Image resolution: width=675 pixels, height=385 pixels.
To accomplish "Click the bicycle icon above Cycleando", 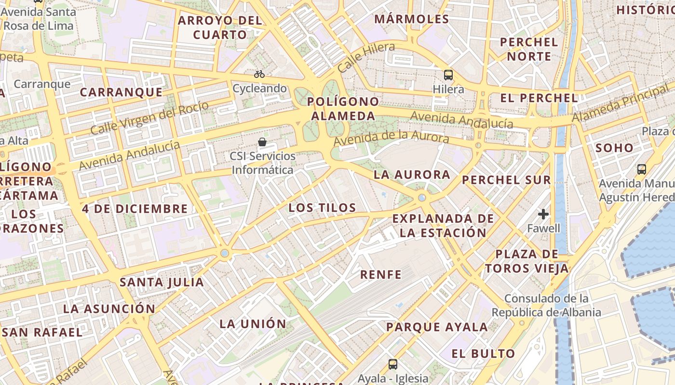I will coord(259,74).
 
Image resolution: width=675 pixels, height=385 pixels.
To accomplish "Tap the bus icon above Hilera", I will coord(448,75).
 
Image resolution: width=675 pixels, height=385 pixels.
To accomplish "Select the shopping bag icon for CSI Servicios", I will coord(262,141).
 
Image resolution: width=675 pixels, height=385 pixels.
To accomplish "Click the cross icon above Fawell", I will coord(543,214).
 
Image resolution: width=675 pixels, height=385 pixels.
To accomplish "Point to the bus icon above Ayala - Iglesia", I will coord(393,364).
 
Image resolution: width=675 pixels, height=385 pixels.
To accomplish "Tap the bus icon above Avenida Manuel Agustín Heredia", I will coord(641,169).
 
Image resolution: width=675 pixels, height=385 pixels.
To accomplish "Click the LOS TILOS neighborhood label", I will coord(322,208).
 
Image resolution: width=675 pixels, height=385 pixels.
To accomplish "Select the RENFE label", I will coord(381,275).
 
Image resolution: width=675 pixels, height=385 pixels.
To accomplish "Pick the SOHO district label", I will coord(614,148).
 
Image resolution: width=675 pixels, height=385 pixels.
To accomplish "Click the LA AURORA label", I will coord(412,175).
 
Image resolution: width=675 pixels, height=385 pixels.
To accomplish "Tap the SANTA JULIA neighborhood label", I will coord(162,282).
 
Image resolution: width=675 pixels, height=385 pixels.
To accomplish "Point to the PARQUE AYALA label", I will coord(437,327).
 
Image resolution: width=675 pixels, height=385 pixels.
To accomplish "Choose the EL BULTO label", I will coord(484,354).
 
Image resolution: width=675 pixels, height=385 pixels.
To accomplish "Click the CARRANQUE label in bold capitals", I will coord(121,92).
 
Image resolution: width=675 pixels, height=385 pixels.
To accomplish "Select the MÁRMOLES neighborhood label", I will coord(412,19).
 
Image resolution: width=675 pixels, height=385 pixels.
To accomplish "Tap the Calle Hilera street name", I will coord(366,57).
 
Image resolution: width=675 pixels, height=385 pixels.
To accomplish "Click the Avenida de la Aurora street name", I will coord(391,138).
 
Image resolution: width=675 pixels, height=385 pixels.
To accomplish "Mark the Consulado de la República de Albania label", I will coord(546,305).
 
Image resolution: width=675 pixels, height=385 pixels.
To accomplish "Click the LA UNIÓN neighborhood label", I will coord(253,323).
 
